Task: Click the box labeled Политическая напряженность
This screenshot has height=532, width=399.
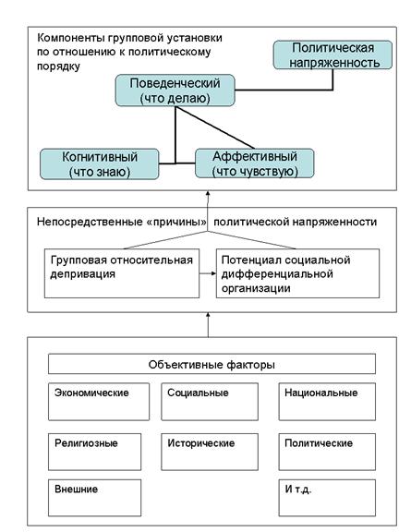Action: [332, 55]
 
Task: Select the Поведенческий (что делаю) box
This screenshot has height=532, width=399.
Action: [175, 91]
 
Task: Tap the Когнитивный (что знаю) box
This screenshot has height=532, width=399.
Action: [100, 163]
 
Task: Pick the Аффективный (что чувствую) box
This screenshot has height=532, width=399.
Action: [255, 163]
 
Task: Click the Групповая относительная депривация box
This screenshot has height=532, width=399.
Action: [122, 273]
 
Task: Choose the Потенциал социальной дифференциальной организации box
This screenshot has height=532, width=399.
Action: [298, 273]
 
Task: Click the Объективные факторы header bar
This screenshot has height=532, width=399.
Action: [212, 364]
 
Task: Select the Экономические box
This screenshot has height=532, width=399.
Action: [99, 402]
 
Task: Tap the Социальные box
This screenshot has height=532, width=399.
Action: [210, 402]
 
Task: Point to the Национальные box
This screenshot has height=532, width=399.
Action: [327, 402]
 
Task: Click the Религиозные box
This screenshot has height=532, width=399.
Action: [94, 452]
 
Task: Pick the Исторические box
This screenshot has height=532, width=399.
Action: [210, 452]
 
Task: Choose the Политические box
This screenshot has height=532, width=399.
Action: [327, 452]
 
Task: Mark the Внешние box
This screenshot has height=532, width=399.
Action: [94, 498]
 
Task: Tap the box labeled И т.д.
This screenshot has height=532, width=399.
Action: [327, 498]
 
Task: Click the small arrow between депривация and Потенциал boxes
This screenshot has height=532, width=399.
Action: [208, 273]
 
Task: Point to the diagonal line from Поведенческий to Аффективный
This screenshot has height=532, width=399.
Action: [215, 127]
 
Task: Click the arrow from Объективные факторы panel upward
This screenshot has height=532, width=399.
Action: [208, 325]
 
